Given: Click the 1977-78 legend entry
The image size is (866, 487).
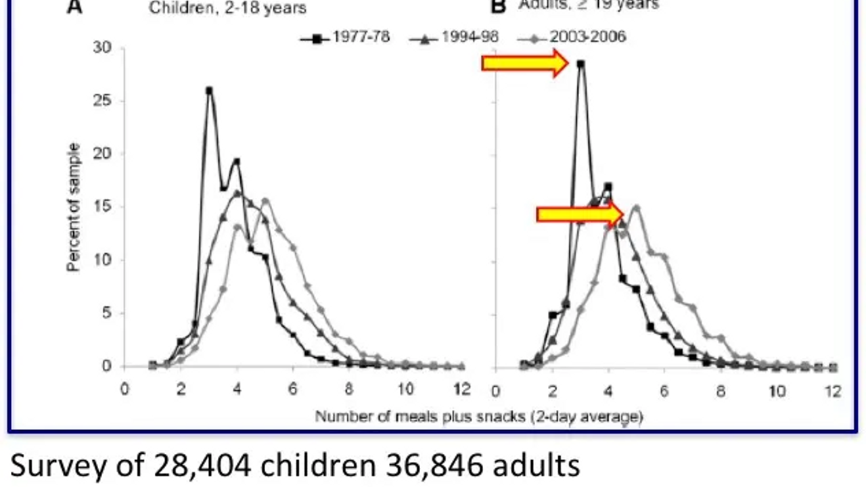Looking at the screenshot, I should pyautogui.click(x=345, y=37).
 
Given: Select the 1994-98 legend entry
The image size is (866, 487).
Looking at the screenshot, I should pyautogui.click(x=454, y=37).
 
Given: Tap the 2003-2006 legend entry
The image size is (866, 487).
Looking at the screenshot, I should pyautogui.click(x=571, y=37).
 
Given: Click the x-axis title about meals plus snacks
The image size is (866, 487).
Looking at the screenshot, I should pyautogui.click(x=478, y=416).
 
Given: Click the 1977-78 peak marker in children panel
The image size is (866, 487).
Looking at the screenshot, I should pyautogui.click(x=209, y=90).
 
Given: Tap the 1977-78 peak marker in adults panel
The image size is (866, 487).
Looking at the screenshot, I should pyautogui.click(x=580, y=64).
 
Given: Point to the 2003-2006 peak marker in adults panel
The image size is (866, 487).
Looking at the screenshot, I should pyautogui.click(x=637, y=208).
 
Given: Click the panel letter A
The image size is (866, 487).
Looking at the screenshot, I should pyautogui.click(x=74, y=7).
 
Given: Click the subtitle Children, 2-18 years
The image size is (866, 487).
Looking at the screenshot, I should pyautogui.click(x=227, y=8).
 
